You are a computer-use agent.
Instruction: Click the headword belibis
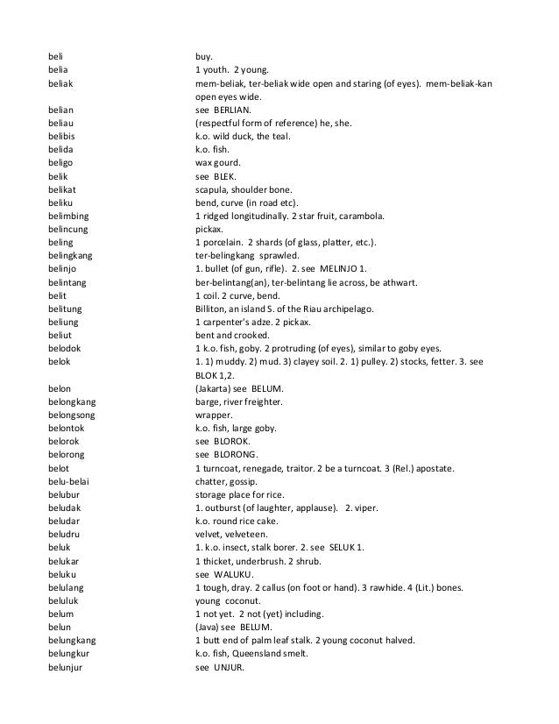tap(62, 137)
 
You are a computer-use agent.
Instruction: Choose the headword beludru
tap(64, 534)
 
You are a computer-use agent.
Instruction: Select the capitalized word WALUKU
tap(233, 575)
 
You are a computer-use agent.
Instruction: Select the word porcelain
tap(223, 241)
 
